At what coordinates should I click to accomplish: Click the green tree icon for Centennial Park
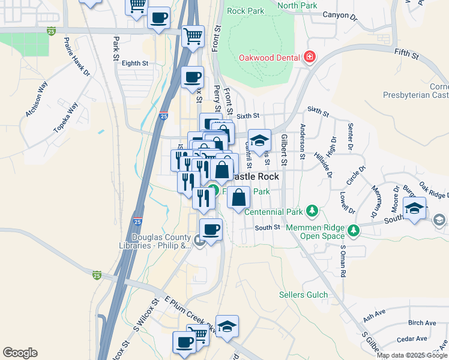(x=312, y=211)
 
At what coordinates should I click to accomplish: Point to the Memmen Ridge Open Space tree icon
(x=354, y=229)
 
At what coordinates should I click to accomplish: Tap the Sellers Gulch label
(x=303, y=295)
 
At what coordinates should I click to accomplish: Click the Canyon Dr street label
(x=339, y=14)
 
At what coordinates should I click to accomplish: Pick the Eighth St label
(x=134, y=63)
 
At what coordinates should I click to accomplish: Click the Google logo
(x=20, y=352)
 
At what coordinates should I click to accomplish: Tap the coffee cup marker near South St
(x=210, y=229)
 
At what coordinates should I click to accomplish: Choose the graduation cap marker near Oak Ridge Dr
(x=414, y=208)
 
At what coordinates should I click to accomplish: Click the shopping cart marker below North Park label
(x=193, y=35)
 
